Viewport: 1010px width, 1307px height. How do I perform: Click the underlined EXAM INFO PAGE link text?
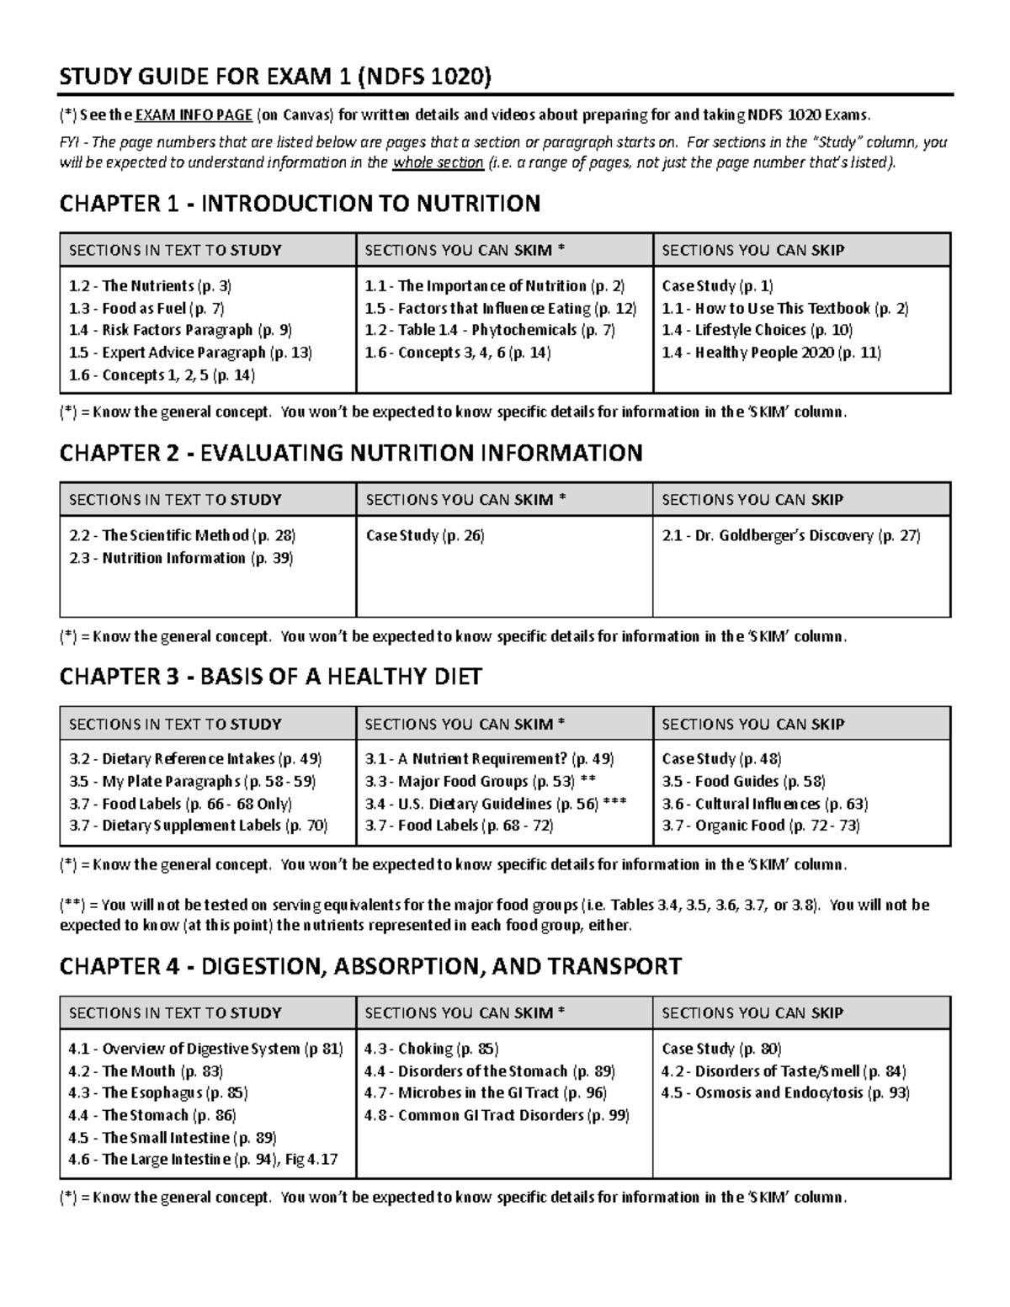[x=194, y=115]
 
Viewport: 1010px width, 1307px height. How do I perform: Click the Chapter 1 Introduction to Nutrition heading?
[x=300, y=204]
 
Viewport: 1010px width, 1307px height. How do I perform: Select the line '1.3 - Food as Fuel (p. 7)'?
[x=146, y=308]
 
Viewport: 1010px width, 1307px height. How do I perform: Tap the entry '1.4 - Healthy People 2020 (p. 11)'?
[x=771, y=353]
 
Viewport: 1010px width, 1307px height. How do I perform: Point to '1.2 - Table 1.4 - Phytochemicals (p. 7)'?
[x=490, y=330]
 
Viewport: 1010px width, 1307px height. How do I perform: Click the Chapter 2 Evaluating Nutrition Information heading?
[x=351, y=453]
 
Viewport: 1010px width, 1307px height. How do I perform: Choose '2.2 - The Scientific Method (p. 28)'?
[x=182, y=535]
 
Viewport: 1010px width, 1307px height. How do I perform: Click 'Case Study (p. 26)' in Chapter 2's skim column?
[x=425, y=535]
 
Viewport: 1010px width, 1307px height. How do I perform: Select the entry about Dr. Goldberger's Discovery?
[x=790, y=535]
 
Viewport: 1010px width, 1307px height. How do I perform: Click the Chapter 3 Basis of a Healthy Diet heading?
[x=270, y=677]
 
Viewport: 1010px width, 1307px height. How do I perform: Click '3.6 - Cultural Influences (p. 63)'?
[x=764, y=804]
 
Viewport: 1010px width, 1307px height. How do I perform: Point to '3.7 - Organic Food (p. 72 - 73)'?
[x=761, y=826]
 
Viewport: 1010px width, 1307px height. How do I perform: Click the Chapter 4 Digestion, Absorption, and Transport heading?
[x=370, y=966]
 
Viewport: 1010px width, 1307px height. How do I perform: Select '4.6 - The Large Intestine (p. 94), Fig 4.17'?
[x=203, y=1159]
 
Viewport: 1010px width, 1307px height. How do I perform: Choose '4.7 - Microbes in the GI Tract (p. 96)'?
[x=486, y=1092]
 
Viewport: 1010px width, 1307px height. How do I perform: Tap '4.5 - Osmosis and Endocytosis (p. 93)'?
[x=785, y=1092]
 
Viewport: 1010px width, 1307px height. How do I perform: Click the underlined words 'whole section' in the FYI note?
[x=438, y=162]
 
